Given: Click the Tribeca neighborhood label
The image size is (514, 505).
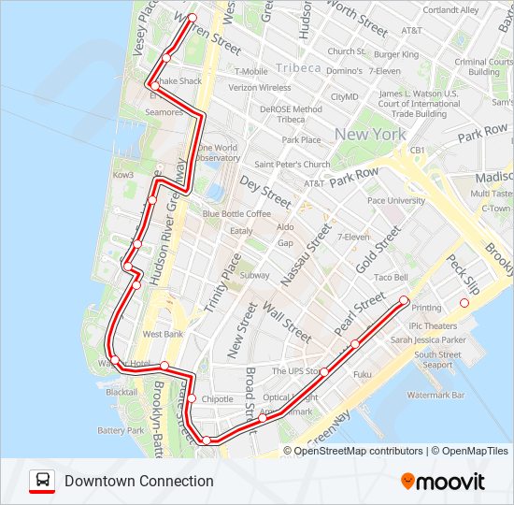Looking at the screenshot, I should click(x=298, y=68).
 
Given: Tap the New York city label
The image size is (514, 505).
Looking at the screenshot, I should click(x=370, y=134).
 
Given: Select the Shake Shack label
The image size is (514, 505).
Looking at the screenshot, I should click(x=178, y=81).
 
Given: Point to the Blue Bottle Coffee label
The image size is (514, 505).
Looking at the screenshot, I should click(x=236, y=214).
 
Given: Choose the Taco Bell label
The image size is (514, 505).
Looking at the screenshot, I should click(x=391, y=278).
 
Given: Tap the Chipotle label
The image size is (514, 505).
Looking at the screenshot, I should click(x=217, y=399).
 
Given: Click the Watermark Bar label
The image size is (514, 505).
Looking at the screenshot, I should click(x=435, y=396).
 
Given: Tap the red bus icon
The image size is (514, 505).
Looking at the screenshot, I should click(x=42, y=482).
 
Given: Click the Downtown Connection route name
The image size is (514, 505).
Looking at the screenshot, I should click(x=139, y=482).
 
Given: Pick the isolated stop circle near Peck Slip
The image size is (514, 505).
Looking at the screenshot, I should click(x=464, y=303).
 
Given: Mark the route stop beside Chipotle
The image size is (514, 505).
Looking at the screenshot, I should click(x=192, y=399).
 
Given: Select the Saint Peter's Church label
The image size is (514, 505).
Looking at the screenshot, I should click(x=293, y=165).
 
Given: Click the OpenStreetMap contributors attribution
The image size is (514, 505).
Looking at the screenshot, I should click(x=358, y=451).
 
